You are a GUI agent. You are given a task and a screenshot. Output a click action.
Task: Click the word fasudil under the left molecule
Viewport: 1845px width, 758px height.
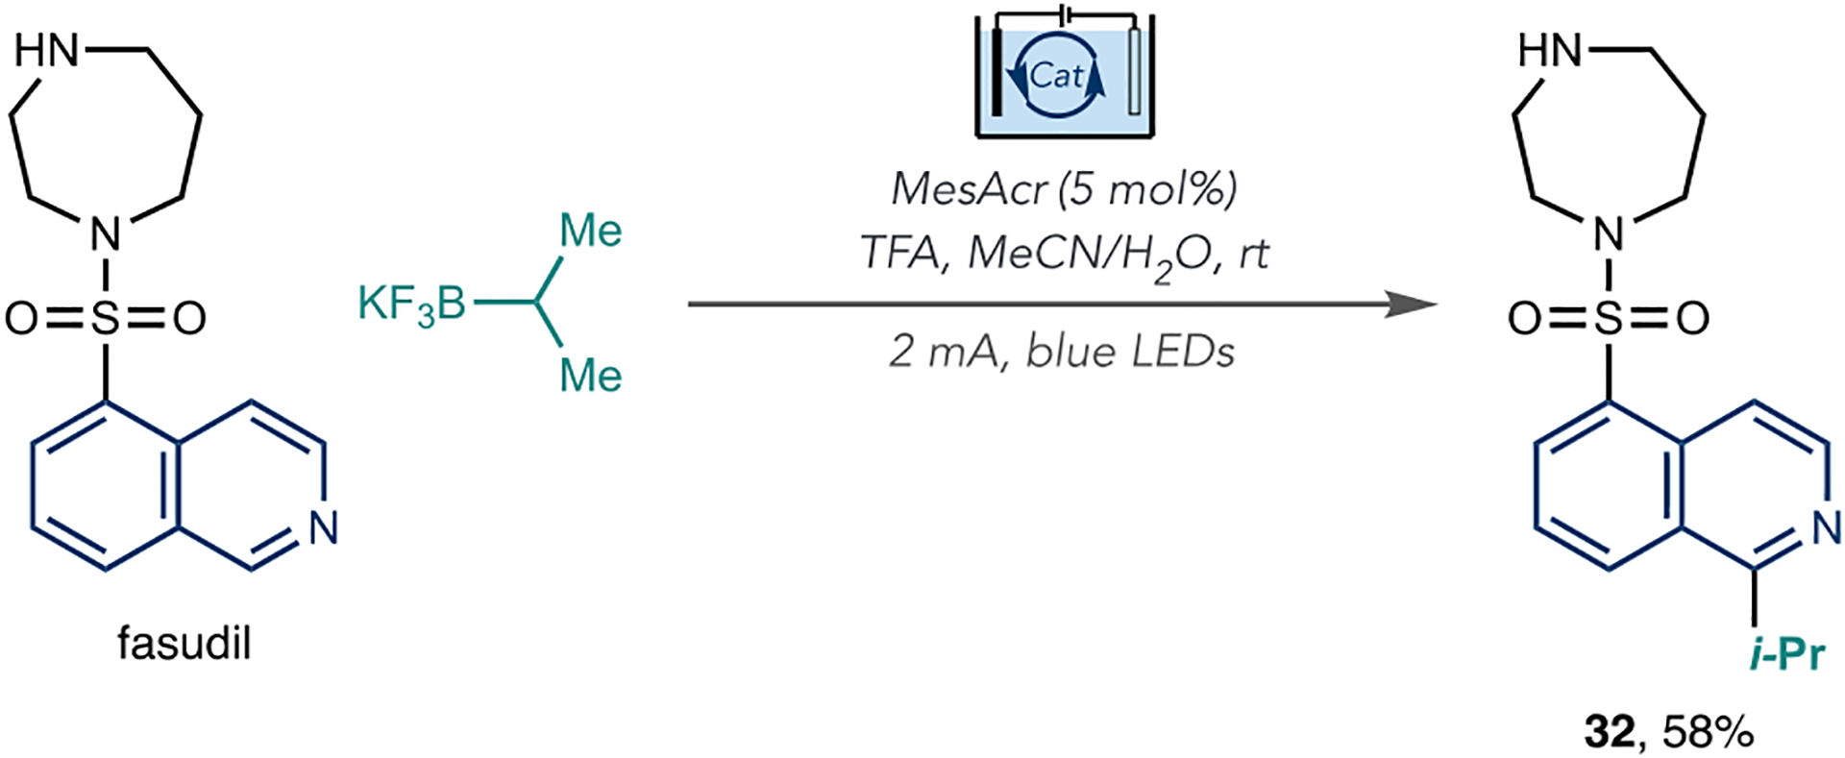coord(184,643)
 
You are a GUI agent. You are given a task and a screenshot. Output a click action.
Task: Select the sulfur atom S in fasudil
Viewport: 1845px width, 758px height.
coord(106,318)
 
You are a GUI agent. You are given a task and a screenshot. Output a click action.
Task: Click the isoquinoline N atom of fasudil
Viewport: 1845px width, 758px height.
coord(324,526)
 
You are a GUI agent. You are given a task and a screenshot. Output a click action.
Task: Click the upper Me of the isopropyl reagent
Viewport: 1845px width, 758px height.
coord(590,231)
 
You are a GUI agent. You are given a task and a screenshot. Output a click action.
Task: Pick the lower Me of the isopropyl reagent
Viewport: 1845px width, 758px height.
coord(590,375)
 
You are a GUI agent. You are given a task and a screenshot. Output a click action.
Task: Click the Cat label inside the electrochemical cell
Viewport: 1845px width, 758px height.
coord(1056,75)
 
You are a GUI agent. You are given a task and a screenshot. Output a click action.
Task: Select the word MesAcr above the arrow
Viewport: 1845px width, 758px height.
coord(968,189)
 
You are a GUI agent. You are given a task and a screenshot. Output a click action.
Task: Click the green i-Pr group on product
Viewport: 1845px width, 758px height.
coord(1786,654)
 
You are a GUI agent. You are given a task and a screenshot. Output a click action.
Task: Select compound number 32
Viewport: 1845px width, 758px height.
coord(1609,733)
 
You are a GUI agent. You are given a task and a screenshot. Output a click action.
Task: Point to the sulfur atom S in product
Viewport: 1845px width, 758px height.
coord(1609,318)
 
